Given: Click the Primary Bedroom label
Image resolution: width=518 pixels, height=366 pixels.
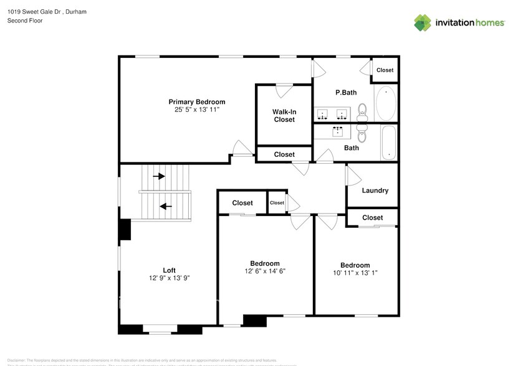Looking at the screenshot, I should point(196,101).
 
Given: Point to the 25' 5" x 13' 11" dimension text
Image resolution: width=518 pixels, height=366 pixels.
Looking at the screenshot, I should point(196,110).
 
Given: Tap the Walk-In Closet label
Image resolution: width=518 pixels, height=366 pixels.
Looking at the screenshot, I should point(284,116).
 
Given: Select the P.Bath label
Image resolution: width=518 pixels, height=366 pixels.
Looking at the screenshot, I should point(346,93).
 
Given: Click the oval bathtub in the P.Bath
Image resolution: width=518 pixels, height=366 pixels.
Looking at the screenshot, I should point(386,103).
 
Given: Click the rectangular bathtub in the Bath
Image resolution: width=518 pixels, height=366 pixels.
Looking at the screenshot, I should point(388,143).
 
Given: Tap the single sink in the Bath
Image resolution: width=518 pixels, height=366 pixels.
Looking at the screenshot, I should point(338,131).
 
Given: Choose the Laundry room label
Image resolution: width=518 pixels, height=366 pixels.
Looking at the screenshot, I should point(375,190).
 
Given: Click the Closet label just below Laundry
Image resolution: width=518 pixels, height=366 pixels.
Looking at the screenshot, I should point(372,217).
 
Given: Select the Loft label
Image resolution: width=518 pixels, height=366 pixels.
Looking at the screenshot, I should point(169,270).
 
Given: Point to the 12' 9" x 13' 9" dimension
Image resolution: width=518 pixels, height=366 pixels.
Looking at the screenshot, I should point(169,278).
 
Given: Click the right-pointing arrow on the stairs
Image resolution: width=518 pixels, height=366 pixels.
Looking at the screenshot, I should point(159,176).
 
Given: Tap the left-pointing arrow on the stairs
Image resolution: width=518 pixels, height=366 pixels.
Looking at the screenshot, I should point(166,206).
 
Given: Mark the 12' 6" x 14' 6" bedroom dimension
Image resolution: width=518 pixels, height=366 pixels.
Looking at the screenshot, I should point(265,271).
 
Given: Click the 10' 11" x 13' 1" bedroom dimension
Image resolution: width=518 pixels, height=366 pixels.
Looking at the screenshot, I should point(355,273).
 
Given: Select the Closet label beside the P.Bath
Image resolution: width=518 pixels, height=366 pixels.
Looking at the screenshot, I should point(385,70).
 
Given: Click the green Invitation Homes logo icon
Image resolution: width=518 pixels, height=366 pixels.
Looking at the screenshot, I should point(423,22).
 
